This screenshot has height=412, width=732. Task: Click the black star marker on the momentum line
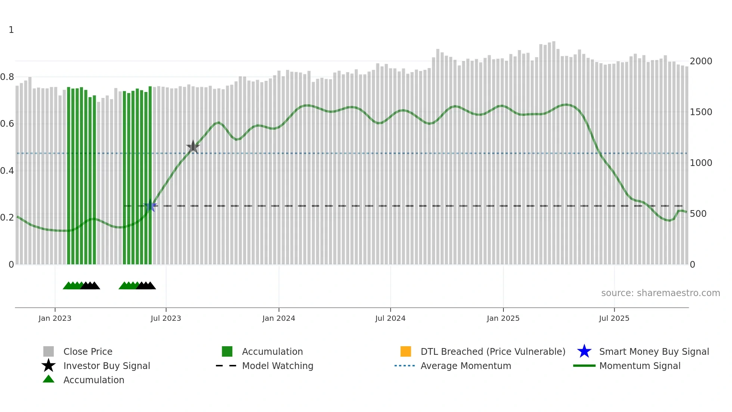pos(193,147)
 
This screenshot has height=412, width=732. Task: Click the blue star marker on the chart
pos(150,206)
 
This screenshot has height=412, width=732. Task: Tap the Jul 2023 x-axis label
pos(166,318)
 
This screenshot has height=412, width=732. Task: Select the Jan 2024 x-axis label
pos(279,318)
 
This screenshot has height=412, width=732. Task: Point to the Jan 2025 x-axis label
pos(503,318)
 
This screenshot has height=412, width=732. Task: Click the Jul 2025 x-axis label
pos(614,318)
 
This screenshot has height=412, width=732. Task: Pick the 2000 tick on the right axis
pos(701,61)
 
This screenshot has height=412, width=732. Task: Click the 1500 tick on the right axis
pos(701,112)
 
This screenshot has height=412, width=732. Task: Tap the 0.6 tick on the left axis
pos(7,124)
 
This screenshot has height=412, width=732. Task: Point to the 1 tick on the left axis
pos(11,30)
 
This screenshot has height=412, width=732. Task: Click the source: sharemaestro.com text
pos(660,293)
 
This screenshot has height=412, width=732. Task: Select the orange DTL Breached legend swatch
pos(406,351)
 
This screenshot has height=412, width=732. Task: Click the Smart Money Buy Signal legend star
pos(584,351)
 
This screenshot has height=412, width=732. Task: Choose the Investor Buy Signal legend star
pos(49,366)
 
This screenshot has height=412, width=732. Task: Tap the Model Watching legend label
pos(277,366)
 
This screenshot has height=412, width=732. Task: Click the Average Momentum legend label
pos(466,366)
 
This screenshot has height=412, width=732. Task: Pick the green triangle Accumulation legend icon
pos(49,379)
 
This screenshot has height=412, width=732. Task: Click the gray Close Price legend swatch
pos(49,351)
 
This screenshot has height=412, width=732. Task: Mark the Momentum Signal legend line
pos(584,366)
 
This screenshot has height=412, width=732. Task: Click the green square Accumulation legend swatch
pos(227,351)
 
